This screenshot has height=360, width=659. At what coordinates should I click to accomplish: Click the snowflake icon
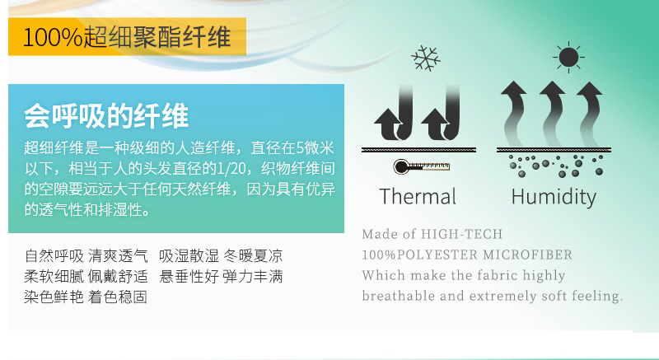pos(426,58)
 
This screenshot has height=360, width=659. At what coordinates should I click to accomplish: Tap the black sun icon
pos(568,57)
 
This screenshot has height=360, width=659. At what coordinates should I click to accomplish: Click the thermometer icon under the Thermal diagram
pos(422,166)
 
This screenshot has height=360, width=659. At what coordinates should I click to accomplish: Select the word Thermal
pos(418,196)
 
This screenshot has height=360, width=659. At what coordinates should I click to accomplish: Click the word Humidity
pos(554,197)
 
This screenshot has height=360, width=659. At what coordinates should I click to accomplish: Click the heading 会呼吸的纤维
pos(106,115)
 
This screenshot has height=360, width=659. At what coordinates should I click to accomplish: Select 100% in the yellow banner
pos(53,37)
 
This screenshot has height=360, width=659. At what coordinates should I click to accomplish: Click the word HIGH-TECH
pos(461,234)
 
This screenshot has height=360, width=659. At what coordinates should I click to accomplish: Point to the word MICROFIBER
pos(527,255)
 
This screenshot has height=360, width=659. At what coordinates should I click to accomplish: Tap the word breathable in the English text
pos(399,296)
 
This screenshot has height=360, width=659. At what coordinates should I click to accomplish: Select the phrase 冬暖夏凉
pos(253,255)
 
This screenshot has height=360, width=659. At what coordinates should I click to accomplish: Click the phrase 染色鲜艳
pos(54,297)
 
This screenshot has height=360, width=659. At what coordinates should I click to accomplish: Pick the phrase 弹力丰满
pos(253,277)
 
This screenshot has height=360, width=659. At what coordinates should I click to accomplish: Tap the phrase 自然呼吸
pos(54,255)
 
